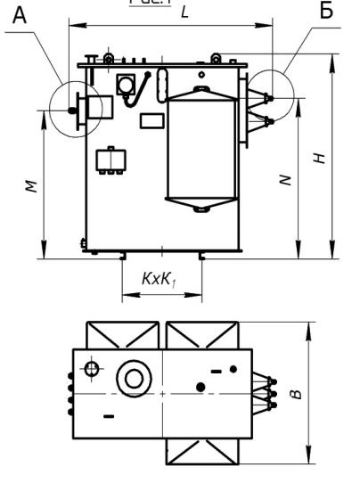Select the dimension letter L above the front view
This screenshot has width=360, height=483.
pyautogui.click(x=184, y=14)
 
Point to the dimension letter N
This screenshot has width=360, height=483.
pyautogui.click(x=284, y=179)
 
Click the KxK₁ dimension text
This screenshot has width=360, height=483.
pyautogui.click(x=162, y=279)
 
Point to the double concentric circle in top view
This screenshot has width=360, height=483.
pyautogui.click(x=135, y=377)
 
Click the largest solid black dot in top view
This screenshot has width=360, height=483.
pyautogui.click(x=201, y=386)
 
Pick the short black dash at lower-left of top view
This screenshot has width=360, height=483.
pyautogui.click(x=109, y=415)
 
